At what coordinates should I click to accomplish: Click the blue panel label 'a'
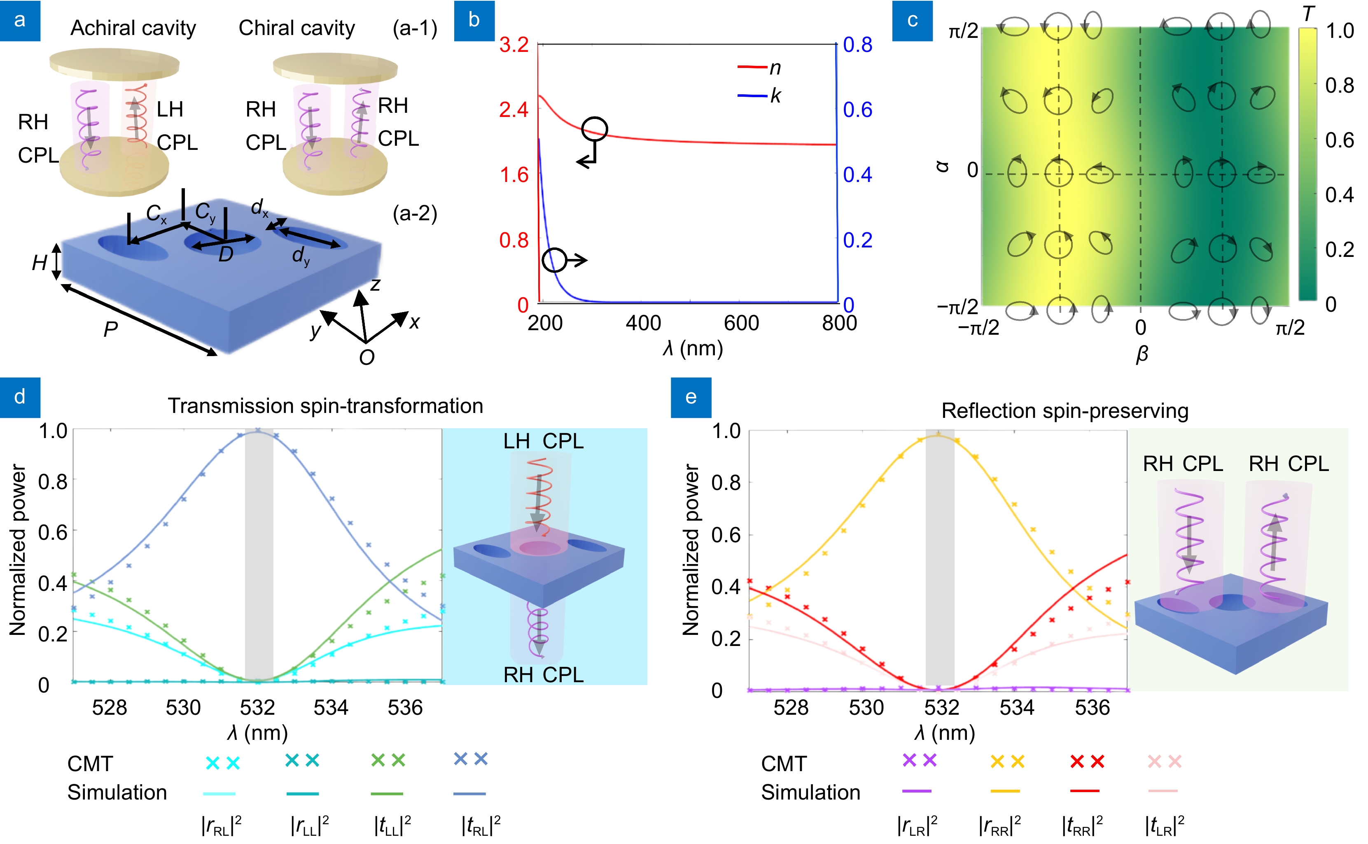click(x=20, y=20)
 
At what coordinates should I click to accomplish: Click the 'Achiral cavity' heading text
click(x=133, y=28)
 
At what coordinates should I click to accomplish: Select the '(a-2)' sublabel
click(x=415, y=213)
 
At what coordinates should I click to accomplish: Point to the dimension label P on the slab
click(x=110, y=329)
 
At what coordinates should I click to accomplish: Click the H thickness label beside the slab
click(x=39, y=262)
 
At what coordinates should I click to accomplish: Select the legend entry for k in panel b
click(x=759, y=96)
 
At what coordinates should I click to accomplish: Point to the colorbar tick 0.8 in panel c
click(x=1339, y=85)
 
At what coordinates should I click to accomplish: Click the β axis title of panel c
click(x=1142, y=354)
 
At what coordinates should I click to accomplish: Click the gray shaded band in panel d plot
click(x=259, y=558)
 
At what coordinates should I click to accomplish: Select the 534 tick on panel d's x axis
click(x=331, y=708)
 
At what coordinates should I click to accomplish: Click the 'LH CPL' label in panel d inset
click(x=543, y=441)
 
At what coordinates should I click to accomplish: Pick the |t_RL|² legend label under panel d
click(x=480, y=825)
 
